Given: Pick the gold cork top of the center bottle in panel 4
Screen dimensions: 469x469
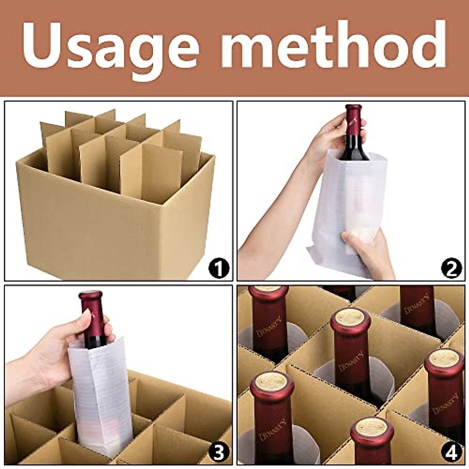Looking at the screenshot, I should tap(351, 317).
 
